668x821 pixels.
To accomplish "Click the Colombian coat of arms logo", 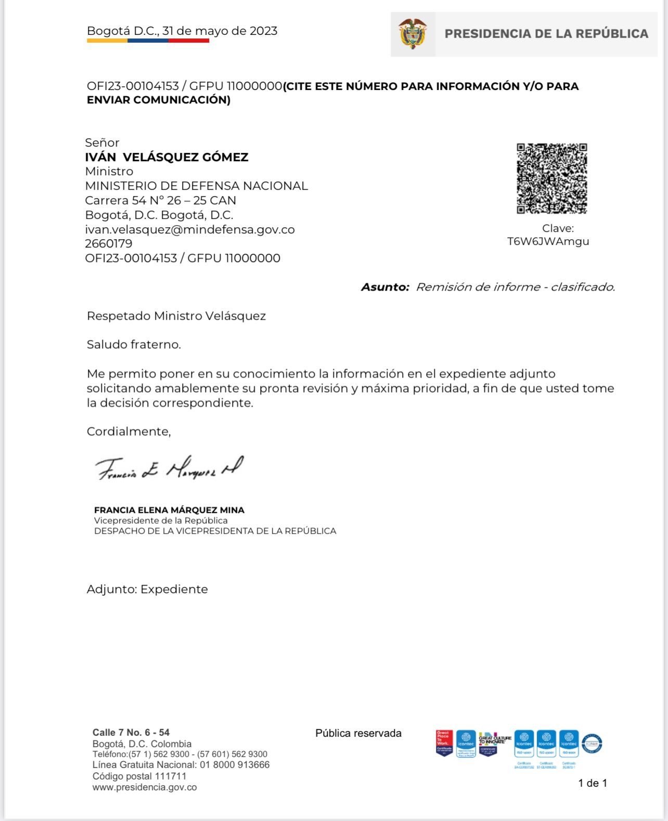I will [413, 34].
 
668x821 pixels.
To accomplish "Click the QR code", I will [551, 178].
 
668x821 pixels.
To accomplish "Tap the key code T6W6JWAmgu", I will [548, 241].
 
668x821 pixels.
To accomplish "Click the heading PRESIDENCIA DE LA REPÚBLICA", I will [546, 34].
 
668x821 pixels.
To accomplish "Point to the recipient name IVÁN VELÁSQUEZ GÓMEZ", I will [166, 157].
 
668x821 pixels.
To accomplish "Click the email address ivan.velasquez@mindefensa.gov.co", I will [190, 229].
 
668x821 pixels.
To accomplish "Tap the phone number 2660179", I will [108, 243].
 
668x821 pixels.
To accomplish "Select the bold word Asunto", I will [385, 287].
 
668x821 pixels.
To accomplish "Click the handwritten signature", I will [169, 468].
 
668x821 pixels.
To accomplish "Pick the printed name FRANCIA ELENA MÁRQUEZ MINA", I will [169, 510].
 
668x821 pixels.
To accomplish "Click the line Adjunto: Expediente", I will [147, 589].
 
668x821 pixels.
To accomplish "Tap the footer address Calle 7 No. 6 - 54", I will [131, 733].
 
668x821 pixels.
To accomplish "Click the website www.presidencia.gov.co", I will [145, 787].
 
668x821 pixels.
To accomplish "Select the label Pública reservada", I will [358, 733].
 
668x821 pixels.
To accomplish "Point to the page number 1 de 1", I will [593, 783].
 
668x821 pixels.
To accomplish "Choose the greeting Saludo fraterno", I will [134, 344].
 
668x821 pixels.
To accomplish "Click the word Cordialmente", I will [129, 431].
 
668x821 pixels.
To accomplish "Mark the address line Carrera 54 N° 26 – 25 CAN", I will [160, 200].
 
